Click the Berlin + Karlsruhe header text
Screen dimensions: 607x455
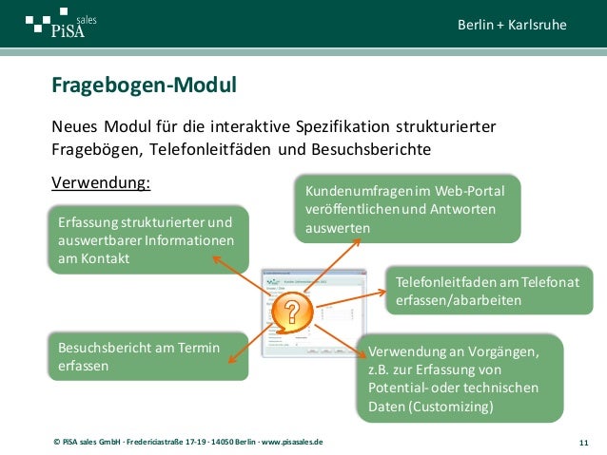[x=511, y=24]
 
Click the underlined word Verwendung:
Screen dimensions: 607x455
[x=101, y=180]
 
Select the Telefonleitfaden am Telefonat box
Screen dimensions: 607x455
[x=481, y=290]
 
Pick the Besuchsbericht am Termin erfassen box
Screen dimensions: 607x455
[x=143, y=356]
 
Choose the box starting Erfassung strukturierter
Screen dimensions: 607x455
[x=146, y=240]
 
